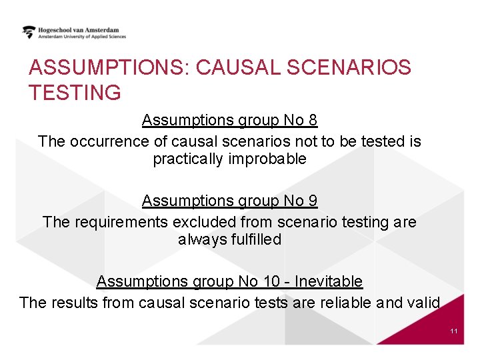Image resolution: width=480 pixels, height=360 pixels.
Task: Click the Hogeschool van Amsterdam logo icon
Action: point(29,32)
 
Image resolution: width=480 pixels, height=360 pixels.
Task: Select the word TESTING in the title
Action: point(75,93)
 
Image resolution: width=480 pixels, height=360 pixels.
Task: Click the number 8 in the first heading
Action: point(313,120)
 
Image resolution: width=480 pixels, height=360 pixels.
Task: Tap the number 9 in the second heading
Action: point(313,201)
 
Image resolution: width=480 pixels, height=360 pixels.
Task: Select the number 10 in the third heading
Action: point(271,281)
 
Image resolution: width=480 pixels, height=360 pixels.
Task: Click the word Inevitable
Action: point(329,281)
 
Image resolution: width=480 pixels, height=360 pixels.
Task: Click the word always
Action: point(199,239)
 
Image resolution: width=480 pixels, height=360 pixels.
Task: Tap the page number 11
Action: point(454,331)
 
